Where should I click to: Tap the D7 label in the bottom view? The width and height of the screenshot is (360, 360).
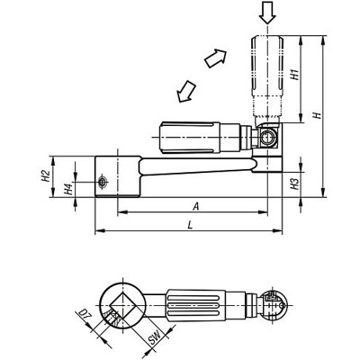click(82, 316)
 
